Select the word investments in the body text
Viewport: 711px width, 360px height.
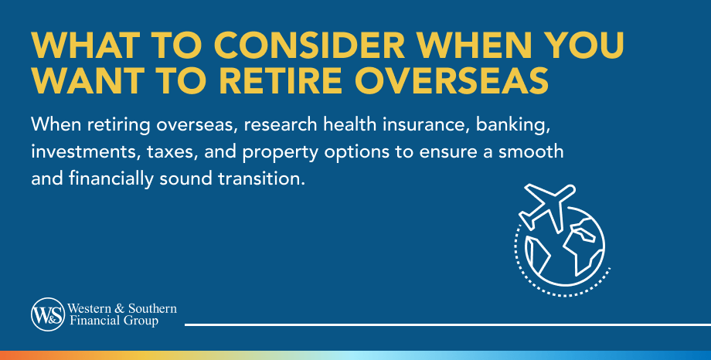pos(76,153)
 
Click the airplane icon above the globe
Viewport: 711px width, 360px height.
pos(546,205)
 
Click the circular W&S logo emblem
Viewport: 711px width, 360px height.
pos(44,314)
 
